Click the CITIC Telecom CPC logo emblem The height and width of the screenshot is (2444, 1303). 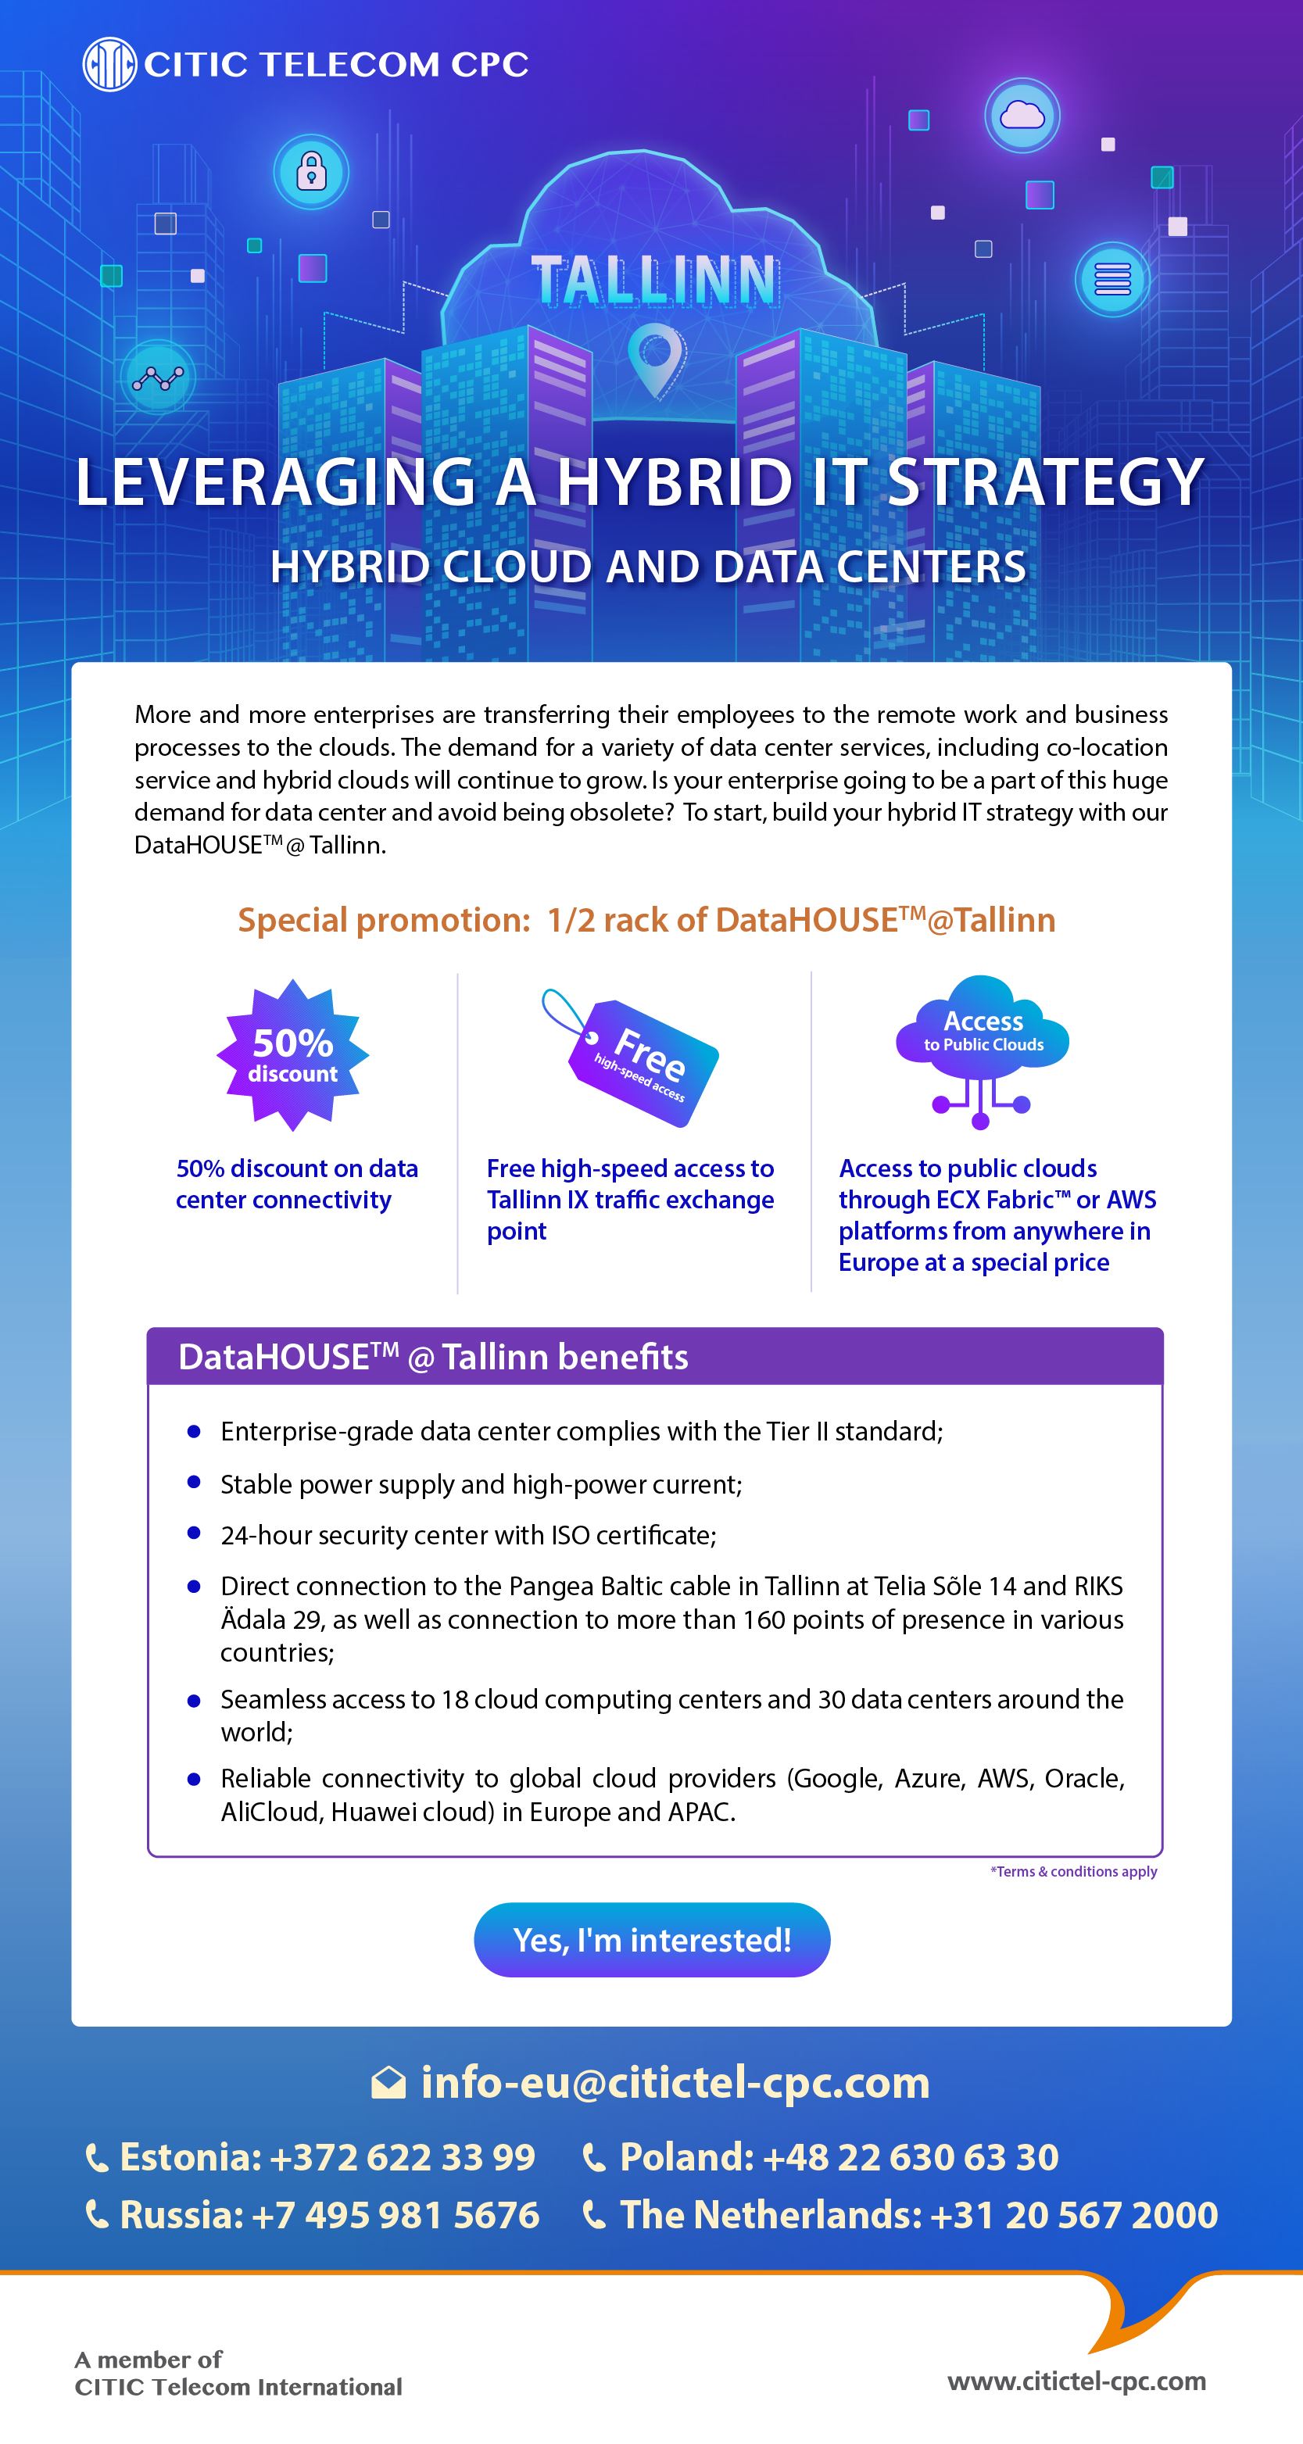pos(109,65)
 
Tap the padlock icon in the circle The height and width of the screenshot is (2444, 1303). pos(311,172)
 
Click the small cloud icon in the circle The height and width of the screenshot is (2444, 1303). pos(1022,116)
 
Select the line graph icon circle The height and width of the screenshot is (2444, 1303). pos(158,378)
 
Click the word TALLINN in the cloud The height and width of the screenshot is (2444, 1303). pos(654,280)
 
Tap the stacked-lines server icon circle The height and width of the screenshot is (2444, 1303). pos(1112,279)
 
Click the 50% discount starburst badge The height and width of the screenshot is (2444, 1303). pos(292,1055)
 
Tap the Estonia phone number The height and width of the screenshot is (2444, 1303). pos(328,2157)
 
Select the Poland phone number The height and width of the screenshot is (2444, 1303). pos(839,2157)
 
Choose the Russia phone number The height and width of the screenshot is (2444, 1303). pos(329,2215)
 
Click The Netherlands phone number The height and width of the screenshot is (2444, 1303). pos(918,2215)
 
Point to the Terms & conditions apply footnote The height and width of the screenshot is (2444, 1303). pos(1073,1871)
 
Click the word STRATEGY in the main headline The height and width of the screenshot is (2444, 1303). pos(1045,482)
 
